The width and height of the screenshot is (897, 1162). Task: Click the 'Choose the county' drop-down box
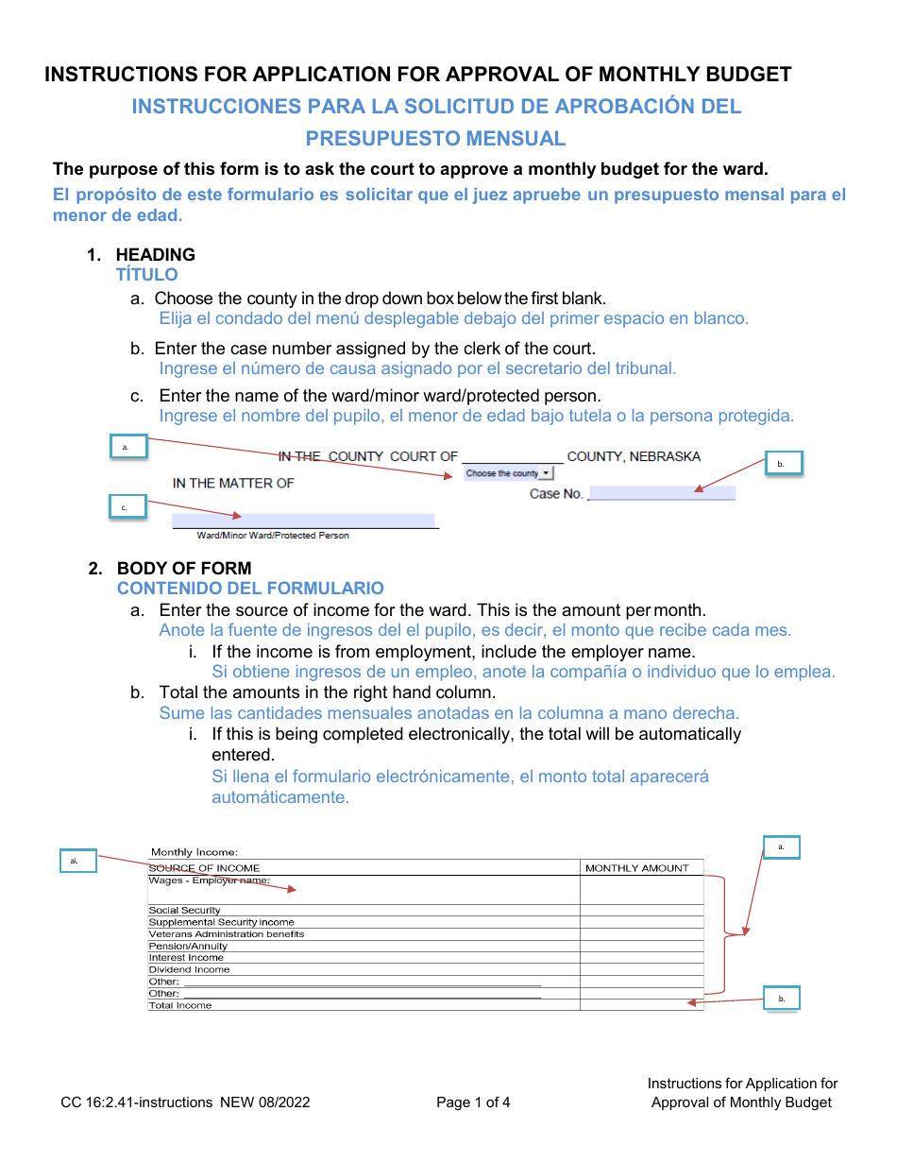508,473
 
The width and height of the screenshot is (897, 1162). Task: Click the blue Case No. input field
661,493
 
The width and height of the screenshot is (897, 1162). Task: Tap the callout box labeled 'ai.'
76,861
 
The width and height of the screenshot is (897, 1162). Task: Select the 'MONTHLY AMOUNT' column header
636,867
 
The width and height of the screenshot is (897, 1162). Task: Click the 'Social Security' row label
184,910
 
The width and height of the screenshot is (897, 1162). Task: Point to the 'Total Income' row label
180,1005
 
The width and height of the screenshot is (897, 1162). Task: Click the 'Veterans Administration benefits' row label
227,933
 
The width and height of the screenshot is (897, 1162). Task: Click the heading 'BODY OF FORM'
184,568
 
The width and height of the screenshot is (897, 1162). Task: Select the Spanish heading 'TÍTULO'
146,275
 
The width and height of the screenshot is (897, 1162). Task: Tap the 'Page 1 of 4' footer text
473,1102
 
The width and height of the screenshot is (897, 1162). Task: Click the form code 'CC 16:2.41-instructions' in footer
137,1102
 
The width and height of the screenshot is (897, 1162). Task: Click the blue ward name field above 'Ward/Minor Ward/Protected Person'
302,521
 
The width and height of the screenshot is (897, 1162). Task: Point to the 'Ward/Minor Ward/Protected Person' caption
272,536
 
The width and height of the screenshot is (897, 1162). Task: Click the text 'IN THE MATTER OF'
233,483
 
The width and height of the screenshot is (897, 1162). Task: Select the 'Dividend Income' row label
189,969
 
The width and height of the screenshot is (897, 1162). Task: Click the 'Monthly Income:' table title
195,852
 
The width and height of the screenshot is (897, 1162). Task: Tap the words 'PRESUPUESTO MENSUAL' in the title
435,139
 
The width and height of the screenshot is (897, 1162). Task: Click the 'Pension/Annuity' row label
188,946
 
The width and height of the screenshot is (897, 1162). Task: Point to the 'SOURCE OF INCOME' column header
204,867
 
